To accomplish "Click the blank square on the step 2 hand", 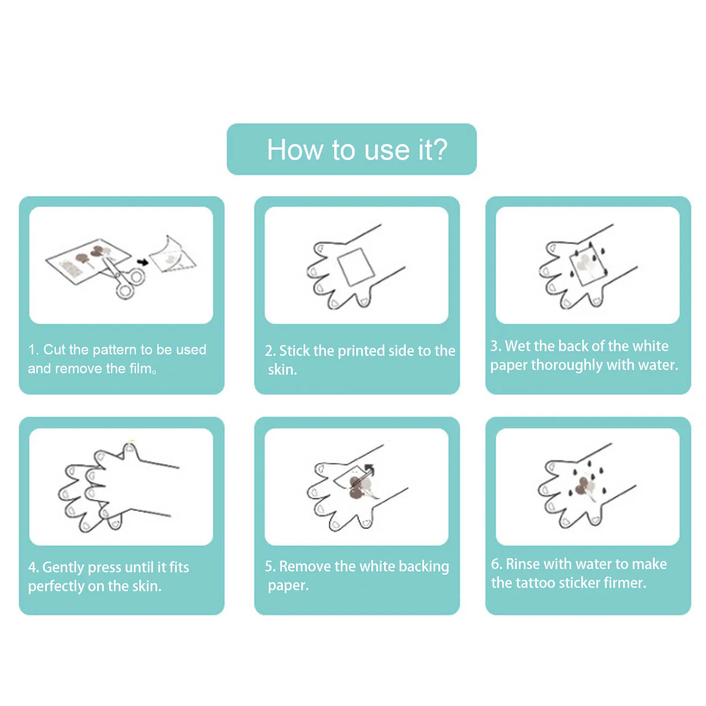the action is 356,267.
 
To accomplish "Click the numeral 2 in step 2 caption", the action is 268,351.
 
